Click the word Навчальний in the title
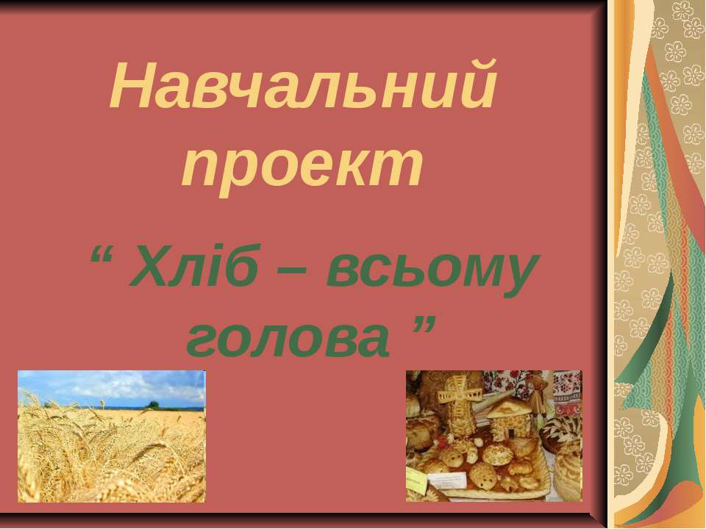pyautogui.click(x=304, y=84)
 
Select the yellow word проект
pyautogui.click(x=302, y=167)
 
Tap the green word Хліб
pyautogui.click(x=193, y=265)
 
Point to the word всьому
pyautogui.click(x=432, y=272)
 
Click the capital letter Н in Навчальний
pyautogui.click(x=135, y=84)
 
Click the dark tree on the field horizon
pyautogui.click(x=153, y=405)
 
